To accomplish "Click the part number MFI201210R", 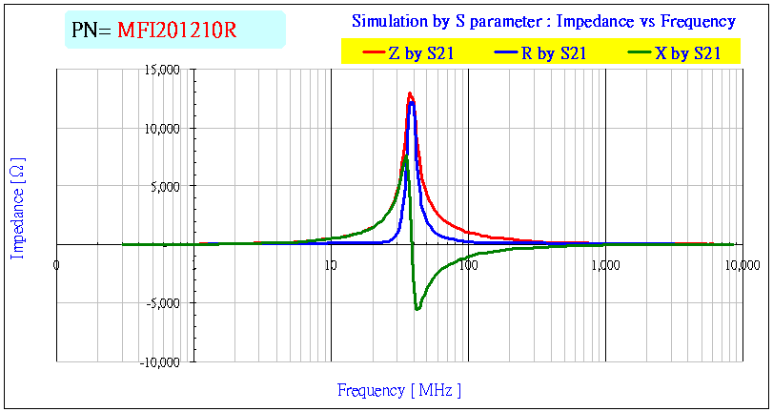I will point(176,31).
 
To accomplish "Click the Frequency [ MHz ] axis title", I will point(399,390).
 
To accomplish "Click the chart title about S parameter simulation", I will point(543,21).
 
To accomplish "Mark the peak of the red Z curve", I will point(410,93).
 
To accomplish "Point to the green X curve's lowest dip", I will point(417,309).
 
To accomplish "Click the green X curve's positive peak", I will point(405,157).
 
